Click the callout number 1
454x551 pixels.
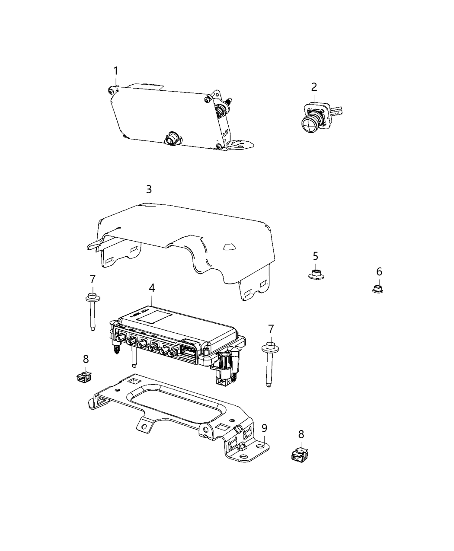coord(115,71)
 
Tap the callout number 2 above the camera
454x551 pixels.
coord(314,87)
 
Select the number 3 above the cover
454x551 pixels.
coord(149,189)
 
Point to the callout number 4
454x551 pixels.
coord(151,288)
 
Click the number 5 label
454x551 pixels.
coord(316,256)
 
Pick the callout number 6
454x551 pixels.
coord(379,272)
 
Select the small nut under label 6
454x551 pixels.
coord(378,287)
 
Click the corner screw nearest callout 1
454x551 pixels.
coord(112,90)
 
